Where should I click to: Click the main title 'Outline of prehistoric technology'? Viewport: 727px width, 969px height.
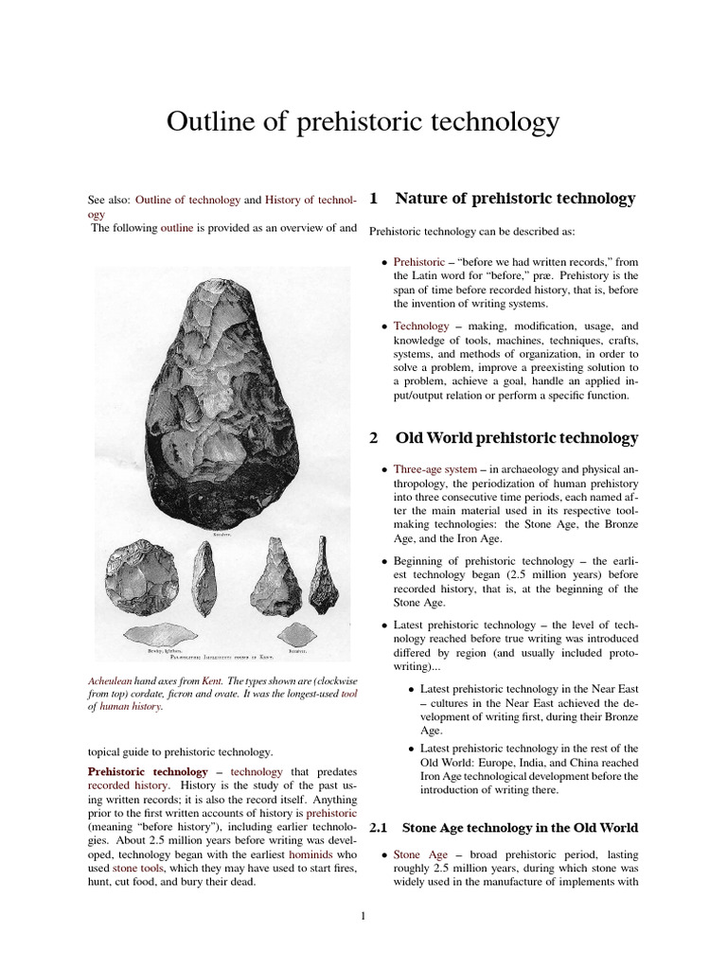pos(363,122)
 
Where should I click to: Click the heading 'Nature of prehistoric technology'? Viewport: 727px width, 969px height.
pos(515,199)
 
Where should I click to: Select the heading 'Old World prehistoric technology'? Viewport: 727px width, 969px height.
pos(516,438)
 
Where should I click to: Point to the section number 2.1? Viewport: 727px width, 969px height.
pos(379,827)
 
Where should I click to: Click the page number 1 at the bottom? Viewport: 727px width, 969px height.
pos(363,915)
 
